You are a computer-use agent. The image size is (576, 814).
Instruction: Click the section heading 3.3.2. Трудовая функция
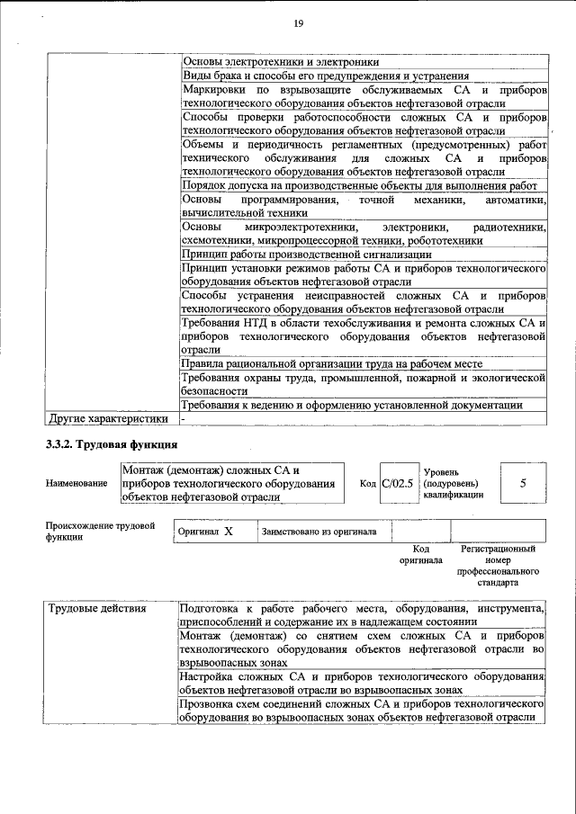(x=112, y=444)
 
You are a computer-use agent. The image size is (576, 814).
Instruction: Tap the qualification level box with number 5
(x=523, y=483)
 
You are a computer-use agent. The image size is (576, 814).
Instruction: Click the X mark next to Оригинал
(x=229, y=532)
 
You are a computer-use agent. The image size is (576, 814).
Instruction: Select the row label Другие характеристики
(x=108, y=418)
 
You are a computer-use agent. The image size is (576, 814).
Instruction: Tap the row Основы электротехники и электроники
(x=280, y=62)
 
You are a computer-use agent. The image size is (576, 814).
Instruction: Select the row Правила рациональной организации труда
(x=331, y=363)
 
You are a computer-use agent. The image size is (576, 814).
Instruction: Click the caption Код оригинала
(x=421, y=554)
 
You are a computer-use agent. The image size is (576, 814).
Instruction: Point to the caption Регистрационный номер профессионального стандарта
(x=498, y=565)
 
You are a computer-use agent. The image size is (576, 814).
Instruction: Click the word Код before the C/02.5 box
(x=367, y=484)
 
